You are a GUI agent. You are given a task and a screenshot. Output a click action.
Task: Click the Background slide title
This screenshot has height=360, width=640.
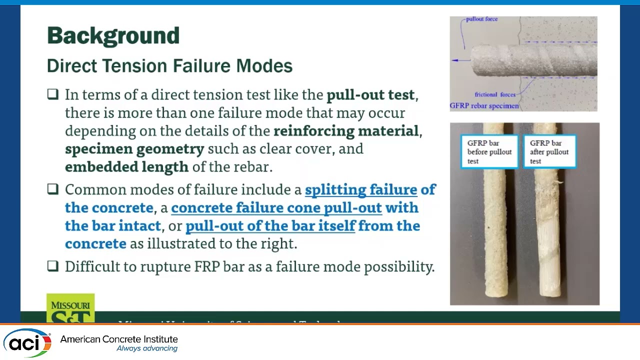coord(113,36)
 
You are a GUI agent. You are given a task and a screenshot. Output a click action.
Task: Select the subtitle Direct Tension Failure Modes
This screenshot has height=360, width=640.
coord(169,66)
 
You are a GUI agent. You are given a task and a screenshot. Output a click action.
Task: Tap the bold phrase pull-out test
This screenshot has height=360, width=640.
coord(370,94)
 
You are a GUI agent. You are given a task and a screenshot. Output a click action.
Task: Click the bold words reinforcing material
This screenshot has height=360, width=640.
coord(345,130)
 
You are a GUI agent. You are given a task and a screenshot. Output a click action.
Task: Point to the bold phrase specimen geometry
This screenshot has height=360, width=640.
coord(134,148)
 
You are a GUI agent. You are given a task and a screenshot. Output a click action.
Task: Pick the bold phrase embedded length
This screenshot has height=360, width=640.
coord(126,166)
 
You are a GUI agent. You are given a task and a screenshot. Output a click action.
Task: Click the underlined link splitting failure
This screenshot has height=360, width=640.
coord(361,189)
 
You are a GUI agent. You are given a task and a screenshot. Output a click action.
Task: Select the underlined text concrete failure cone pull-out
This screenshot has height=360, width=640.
coord(276,207)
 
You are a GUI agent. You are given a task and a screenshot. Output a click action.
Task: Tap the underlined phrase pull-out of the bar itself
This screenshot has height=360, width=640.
coord(270,225)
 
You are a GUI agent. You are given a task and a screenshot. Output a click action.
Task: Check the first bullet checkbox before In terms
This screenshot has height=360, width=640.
coord(53,94)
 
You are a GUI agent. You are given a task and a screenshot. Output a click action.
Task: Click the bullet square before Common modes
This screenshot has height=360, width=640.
coord(53,189)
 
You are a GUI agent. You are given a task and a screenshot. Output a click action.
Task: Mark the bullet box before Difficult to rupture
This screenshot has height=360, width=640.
coord(53,266)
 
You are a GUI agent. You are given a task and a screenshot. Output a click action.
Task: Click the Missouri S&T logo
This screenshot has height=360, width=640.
coord(70,307)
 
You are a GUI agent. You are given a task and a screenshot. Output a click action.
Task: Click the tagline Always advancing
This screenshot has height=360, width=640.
coord(147,348)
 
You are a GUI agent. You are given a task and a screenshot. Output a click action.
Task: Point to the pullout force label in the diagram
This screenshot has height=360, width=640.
coord(481,19)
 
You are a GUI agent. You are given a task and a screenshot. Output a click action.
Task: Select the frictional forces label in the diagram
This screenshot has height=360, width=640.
coord(495,94)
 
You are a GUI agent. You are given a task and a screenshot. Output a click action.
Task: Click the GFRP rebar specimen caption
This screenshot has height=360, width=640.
coord(484,106)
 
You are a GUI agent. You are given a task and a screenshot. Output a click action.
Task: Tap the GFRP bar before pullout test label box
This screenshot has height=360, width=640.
coord(489,152)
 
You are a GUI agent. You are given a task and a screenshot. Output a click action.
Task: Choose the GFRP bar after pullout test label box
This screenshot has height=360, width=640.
coord(549,152)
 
